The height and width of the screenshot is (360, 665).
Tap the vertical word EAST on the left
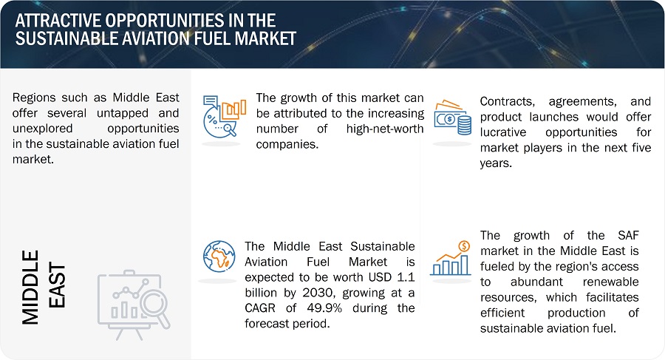57,287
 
